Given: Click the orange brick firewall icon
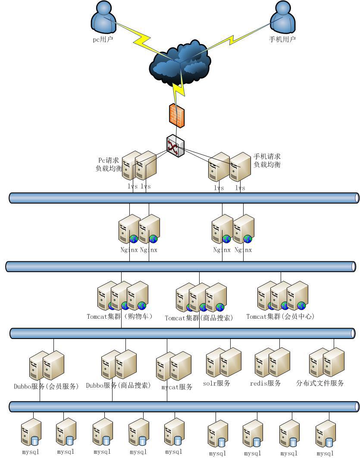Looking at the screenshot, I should pos(177,116).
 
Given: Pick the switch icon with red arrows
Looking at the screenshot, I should pos(175,147).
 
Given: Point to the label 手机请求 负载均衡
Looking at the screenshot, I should pos(267,160).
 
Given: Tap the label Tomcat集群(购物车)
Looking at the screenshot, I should pos(119,317).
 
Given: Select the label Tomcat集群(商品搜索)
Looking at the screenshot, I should pos(199,318).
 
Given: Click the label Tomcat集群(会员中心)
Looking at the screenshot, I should pos(280,317).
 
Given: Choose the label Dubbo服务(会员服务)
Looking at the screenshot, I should pos(46,386).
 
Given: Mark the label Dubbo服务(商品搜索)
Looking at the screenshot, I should pos(118,385).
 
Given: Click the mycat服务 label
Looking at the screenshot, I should pos(177,387).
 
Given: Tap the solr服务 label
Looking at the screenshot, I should pos(216,383).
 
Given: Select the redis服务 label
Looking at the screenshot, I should pos(266,383).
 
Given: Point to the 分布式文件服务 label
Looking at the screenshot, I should pos(320,383).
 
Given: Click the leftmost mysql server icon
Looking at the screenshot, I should pos(31,433).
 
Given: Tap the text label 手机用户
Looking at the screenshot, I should pos(282,39).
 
